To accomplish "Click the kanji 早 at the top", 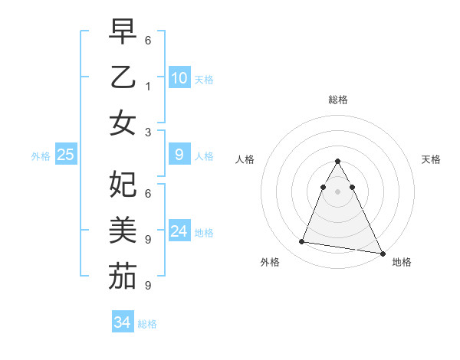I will (x=122, y=32).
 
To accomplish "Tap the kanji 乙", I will (x=122, y=77).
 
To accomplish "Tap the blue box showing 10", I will (x=179, y=77).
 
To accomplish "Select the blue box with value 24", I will (x=179, y=231).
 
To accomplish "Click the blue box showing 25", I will (x=65, y=155).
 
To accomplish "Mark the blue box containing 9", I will (x=179, y=155).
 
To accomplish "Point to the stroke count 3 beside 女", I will (x=147, y=132).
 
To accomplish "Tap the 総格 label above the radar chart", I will (x=337, y=100).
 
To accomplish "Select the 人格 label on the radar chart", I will (x=245, y=159).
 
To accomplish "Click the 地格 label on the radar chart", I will (x=402, y=262).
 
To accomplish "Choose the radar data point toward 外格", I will (x=302, y=242).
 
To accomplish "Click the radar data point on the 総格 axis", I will (x=337, y=162).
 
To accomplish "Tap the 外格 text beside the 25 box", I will (x=41, y=155).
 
